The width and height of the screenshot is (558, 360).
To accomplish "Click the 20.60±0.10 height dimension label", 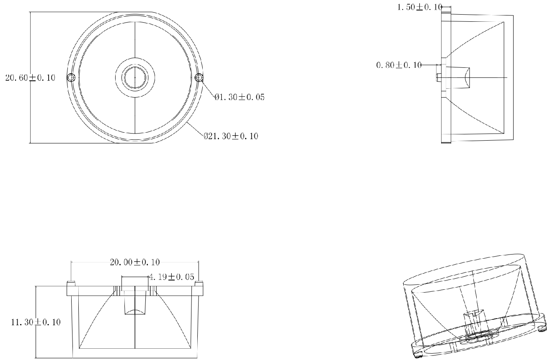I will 30,78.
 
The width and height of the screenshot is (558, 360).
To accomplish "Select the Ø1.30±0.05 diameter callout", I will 239,97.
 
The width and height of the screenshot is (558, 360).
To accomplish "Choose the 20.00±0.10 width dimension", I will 135,262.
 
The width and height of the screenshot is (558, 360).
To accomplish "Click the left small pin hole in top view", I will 71,77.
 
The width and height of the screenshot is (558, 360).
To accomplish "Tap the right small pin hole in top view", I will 199,77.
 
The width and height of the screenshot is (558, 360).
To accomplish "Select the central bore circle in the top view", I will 135,77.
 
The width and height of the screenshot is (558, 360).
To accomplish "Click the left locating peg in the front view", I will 71,283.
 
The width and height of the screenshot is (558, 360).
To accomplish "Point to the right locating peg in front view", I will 199,283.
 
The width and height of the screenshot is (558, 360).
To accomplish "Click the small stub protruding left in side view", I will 439,77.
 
